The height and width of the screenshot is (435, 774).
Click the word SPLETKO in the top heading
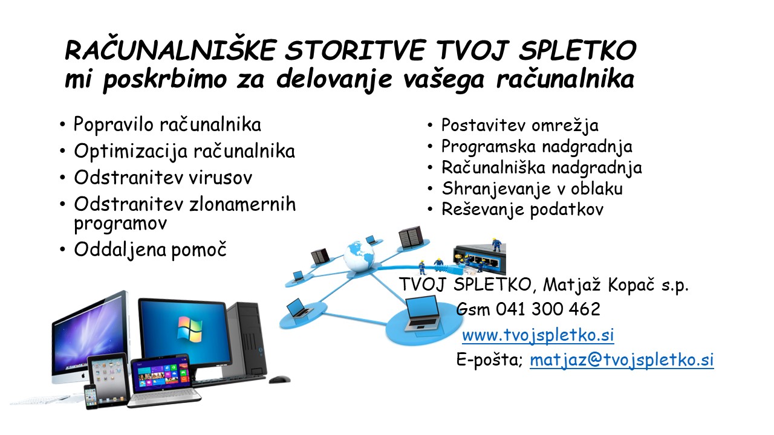point(577,50)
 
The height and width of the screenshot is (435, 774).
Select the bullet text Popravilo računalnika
point(167,124)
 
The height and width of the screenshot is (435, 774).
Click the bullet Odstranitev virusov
point(163,178)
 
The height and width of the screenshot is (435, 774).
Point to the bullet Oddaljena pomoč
point(151,250)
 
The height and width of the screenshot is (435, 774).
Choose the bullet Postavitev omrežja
point(519,126)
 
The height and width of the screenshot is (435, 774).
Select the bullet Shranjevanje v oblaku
point(532,189)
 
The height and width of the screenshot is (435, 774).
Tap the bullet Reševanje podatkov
point(522,210)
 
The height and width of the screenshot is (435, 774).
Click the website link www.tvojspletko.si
point(538,335)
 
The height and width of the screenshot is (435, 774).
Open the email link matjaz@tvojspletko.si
point(622,360)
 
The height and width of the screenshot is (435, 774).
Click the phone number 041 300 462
point(548,309)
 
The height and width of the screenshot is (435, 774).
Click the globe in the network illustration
point(359,257)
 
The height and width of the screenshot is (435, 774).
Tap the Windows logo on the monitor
point(189,328)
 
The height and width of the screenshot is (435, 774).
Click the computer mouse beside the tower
point(279,379)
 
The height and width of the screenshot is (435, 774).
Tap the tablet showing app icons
point(108,375)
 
